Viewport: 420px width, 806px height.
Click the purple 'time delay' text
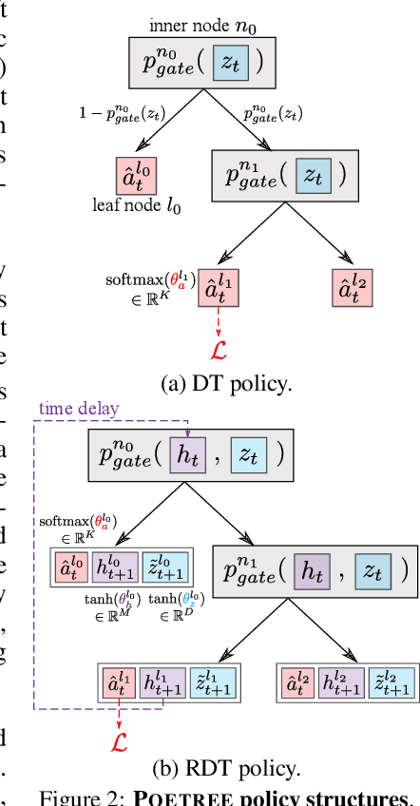tap(80, 409)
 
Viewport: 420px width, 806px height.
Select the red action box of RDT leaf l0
tap(69, 567)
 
